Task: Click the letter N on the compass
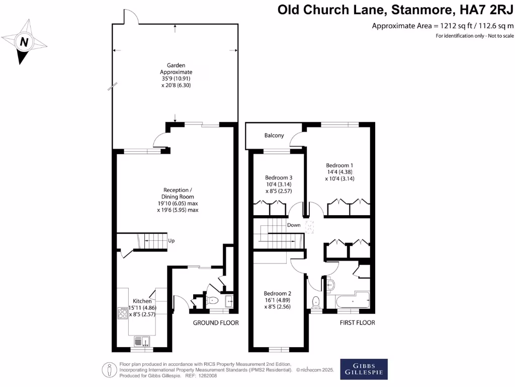23,42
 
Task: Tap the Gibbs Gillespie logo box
364,369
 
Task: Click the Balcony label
274,136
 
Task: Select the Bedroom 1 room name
339,165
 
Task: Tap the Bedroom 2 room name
278,293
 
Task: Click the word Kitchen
142,301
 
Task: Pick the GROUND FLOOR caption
216,322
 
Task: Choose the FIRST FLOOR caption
357,322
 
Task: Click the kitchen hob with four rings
122,313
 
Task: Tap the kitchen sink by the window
142,340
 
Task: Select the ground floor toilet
212,301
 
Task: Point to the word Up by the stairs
171,241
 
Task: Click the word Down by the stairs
293,225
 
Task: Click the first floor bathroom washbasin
330,285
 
